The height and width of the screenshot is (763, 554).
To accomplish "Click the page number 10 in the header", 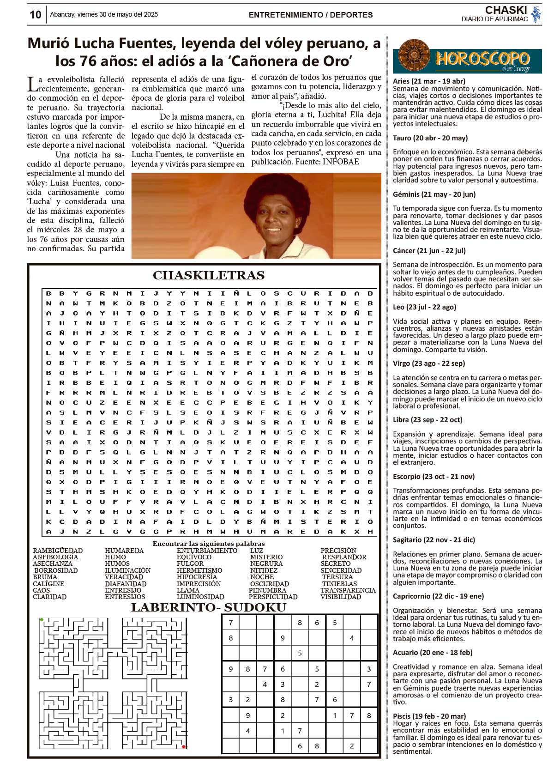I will tap(35, 15).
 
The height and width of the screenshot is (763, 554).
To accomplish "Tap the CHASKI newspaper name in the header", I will tap(506, 10).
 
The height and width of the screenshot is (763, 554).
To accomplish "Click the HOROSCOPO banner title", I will tap(482, 59).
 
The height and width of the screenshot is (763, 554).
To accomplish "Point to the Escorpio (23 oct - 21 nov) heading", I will tap(434, 476).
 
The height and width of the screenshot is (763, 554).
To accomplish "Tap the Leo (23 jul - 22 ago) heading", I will tap(424, 307).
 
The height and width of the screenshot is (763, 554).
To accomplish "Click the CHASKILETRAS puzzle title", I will tap(209, 275).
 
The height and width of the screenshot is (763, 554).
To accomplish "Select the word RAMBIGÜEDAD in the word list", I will tap(58, 551).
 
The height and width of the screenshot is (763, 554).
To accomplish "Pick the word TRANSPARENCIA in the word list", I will tap(348, 590).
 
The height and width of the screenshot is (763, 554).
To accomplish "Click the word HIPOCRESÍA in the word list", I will tap(197, 577).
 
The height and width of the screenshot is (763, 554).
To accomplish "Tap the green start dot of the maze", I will tap(42, 619).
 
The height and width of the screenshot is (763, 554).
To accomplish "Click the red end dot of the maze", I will tap(184, 746).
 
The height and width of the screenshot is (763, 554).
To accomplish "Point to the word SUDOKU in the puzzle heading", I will tap(255, 607).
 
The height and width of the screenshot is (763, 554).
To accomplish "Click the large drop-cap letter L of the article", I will tap(32, 85).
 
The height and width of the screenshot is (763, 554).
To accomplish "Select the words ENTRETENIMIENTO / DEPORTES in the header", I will tap(310, 15).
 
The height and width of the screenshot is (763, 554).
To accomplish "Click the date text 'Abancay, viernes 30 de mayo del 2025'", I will tap(104, 14).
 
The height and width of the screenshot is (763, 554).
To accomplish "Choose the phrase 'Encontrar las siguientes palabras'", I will tap(209, 544).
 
